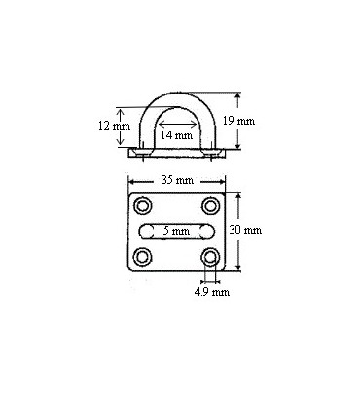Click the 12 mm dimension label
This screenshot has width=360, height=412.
point(113,126)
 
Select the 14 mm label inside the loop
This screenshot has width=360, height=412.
point(175,135)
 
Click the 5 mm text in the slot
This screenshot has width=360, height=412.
point(176,230)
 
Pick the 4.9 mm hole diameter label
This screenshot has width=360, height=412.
point(211,290)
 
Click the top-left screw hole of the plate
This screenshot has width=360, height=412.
point(144,206)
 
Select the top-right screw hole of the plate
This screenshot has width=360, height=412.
point(210,206)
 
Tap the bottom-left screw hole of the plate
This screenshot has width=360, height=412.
point(144,257)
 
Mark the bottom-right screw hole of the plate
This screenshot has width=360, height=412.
point(210,257)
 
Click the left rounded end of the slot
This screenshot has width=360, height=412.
point(144,231)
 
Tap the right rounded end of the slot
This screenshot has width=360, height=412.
point(209,231)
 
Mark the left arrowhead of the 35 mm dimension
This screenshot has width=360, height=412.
point(131,181)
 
